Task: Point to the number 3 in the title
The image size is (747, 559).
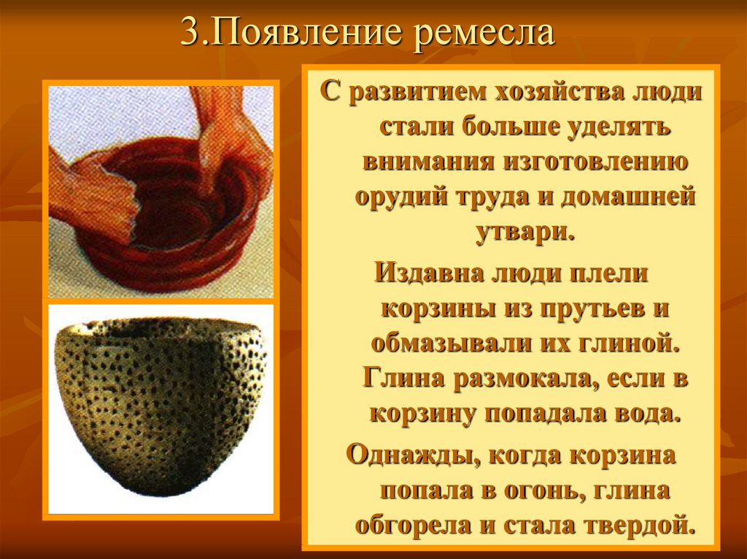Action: [x=190, y=32]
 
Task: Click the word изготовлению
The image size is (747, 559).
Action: [x=596, y=162]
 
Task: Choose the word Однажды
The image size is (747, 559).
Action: [x=411, y=456]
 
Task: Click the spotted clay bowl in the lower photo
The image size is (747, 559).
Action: [x=160, y=404]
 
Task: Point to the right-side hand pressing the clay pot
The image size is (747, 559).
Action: [x=228, y=143]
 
